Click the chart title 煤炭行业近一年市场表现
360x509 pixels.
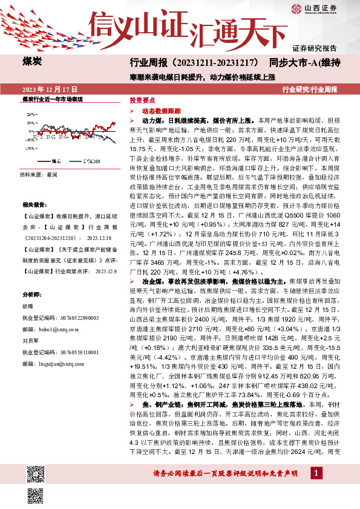(52, 99)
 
